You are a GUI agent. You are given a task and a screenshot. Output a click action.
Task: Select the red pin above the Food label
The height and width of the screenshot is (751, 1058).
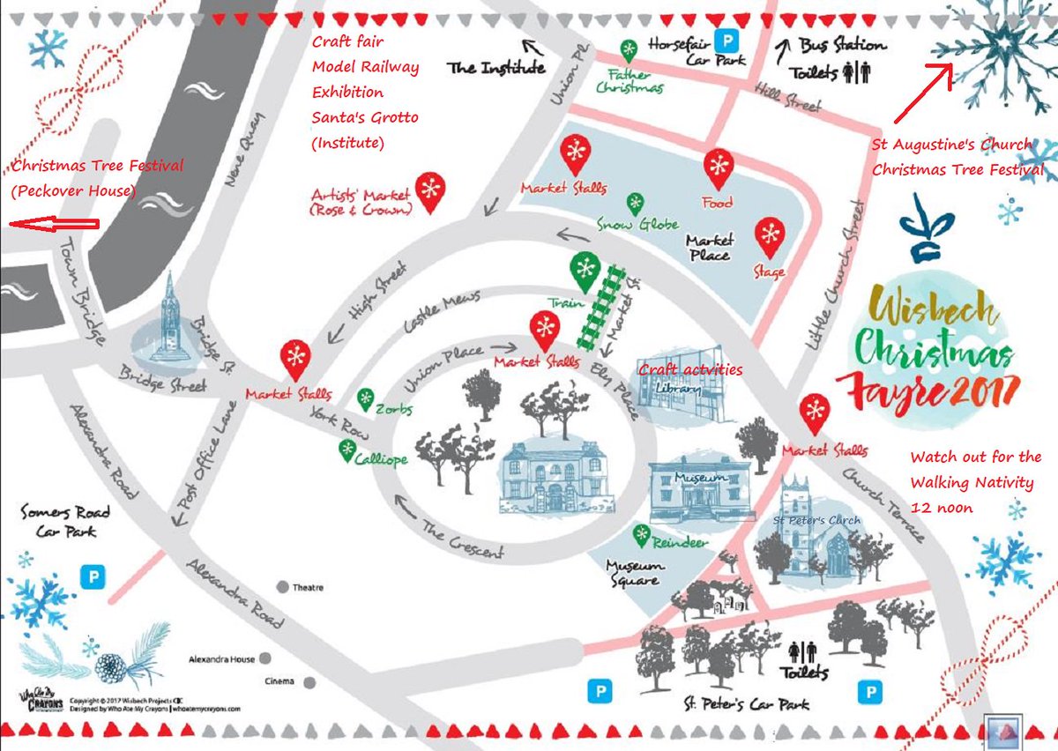[719, 167]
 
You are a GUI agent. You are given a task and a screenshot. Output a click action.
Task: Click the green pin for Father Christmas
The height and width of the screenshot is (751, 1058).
[629, 49]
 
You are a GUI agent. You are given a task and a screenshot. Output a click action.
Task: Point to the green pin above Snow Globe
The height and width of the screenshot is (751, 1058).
[633, 202]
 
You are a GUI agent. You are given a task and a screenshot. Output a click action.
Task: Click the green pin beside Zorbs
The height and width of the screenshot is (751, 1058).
[365, 398]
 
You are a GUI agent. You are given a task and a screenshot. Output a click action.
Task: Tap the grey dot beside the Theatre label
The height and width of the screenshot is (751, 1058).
[283, 587]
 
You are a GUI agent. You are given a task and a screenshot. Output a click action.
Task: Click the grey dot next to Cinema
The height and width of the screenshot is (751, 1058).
[309, 682]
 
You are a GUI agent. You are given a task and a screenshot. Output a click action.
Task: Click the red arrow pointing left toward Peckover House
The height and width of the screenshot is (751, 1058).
[53, 225]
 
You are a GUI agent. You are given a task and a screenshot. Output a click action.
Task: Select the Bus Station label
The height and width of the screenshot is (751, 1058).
[842, 45]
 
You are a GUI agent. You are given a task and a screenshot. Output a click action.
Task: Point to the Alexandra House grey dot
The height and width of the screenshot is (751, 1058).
[265, 658]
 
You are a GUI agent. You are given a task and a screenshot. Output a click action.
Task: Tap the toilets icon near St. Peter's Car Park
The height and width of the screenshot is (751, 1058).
[803, 651]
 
